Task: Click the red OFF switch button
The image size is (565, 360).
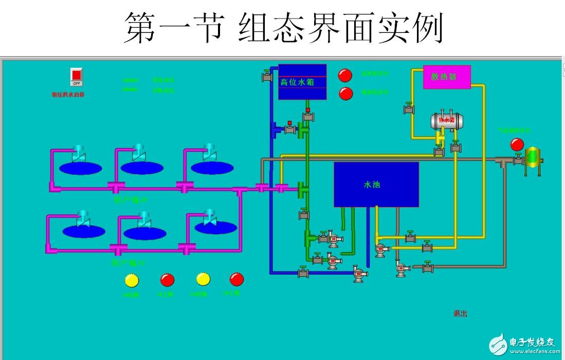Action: pos(77,77)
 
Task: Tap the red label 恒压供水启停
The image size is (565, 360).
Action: pos(68,95)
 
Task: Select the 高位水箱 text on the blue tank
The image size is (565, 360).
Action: pos(297,82)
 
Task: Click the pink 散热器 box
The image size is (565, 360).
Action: pos(447,77)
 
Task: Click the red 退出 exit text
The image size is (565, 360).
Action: pos(460,313)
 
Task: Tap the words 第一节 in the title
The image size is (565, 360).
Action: pos(174,29)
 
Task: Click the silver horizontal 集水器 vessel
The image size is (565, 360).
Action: pos(446,121)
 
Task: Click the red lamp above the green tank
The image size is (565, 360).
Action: pos(517,145)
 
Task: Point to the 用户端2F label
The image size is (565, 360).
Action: pos(130,200)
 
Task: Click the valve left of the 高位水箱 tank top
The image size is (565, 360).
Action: pos(267,76)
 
